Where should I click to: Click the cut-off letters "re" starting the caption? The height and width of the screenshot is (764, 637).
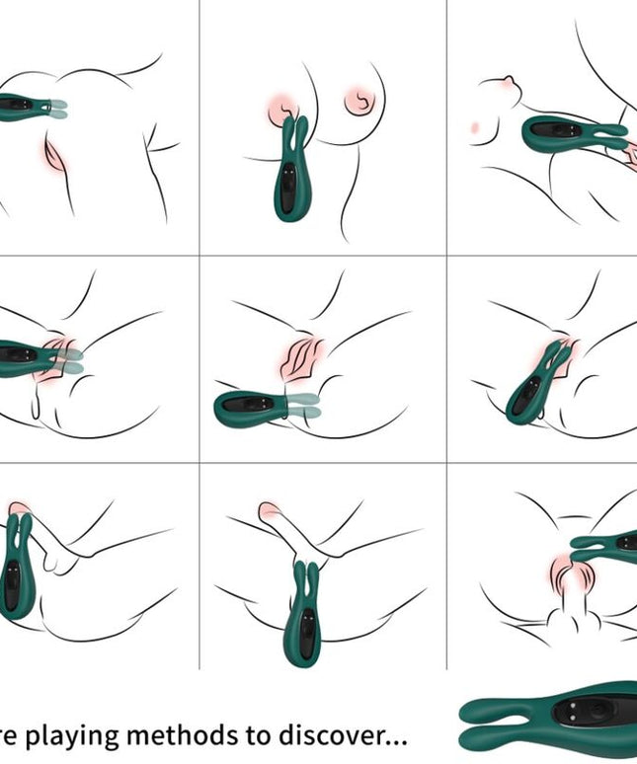coord(13,736)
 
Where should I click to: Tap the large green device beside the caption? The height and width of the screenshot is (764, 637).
coord(549,720)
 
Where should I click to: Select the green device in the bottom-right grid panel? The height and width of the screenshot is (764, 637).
coord(605,540)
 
